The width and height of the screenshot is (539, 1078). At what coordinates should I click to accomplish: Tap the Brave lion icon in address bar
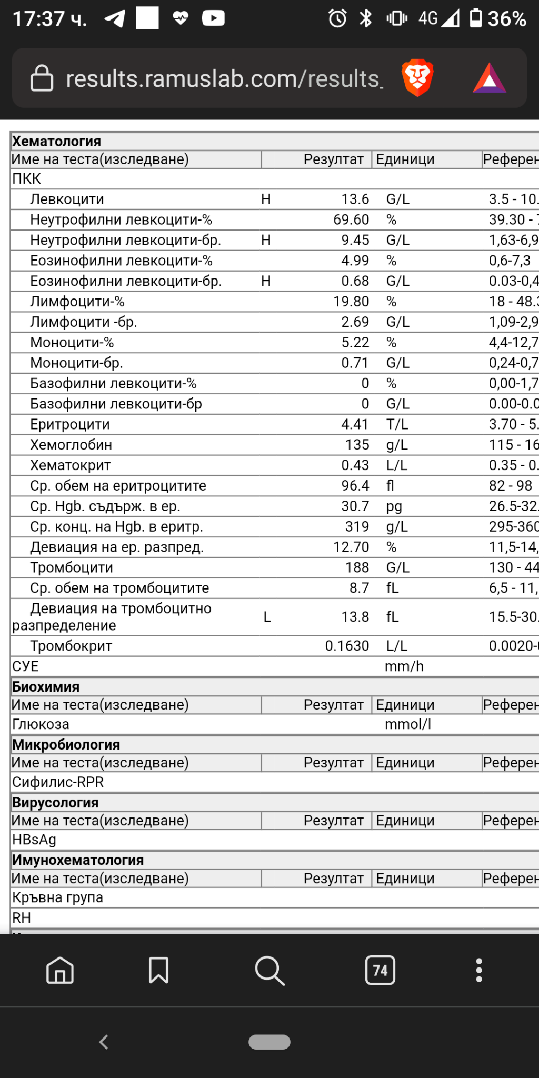point(417,78)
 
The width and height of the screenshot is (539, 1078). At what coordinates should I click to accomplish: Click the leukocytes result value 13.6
point(355,199)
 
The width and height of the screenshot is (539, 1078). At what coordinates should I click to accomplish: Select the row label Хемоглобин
point(71,445)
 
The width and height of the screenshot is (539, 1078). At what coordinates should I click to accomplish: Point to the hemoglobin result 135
point(357,445)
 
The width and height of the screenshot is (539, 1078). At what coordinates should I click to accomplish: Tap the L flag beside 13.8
point(267,617)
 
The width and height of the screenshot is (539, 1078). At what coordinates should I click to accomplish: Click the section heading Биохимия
point(46,687)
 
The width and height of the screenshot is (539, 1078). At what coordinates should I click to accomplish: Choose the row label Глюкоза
point(41,724)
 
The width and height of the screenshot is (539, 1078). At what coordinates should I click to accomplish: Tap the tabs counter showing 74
point(380,970)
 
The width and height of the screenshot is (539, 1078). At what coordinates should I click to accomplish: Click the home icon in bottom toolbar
point(60,970)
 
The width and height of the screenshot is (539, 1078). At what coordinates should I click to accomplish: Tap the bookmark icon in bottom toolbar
point(158,970)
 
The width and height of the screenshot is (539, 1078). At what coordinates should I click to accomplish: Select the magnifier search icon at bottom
point(269,970)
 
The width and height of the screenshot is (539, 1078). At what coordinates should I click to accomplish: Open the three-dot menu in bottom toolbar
point(478,970)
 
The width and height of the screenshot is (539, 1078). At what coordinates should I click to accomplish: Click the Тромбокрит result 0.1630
point(346,646)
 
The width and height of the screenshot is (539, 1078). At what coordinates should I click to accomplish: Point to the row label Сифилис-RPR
point(58,782)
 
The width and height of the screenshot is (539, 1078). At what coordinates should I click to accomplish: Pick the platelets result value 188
point(357,567)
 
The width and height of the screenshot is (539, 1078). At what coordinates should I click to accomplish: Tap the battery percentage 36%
point(506,19)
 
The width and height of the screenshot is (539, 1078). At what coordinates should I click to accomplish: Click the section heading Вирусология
point(55,803)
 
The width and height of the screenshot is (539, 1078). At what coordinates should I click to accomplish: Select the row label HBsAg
point(34,840)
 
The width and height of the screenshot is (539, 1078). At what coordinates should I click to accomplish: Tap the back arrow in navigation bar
point(104,1042)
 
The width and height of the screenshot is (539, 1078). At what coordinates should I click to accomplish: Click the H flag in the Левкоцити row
point(266,199)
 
